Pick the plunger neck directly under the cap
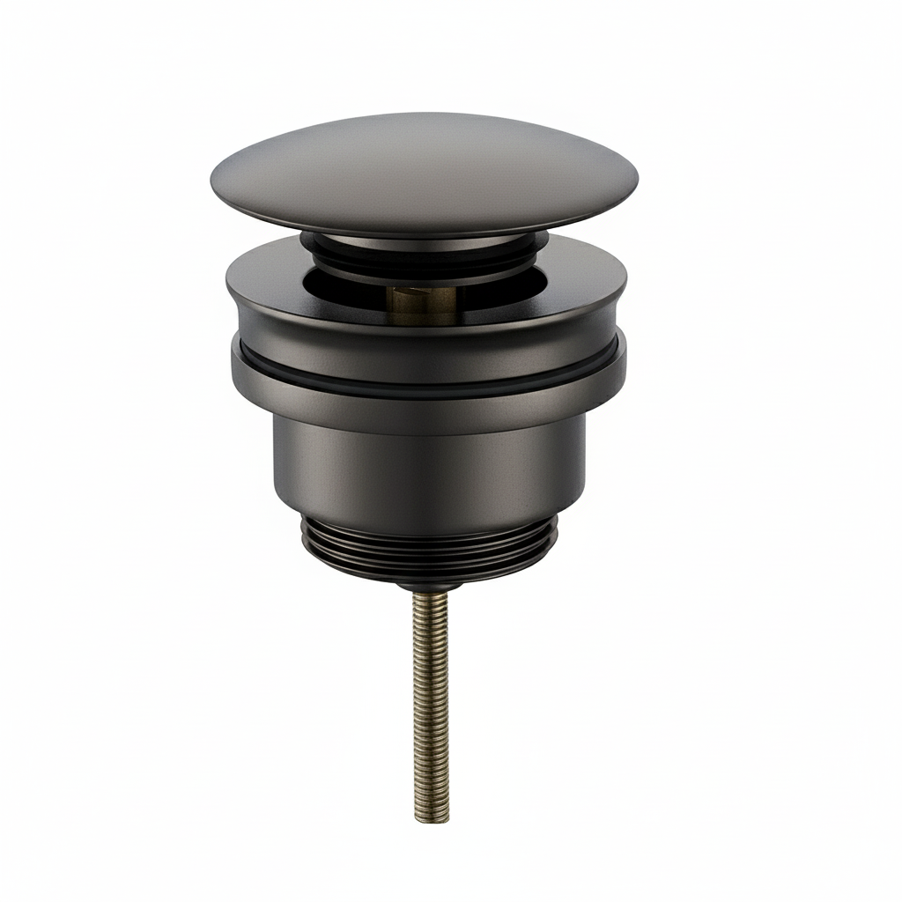pos(423,242)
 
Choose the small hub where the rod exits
pos(429,584)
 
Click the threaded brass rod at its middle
pos(430,705)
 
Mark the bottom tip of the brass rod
pos(431,817)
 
